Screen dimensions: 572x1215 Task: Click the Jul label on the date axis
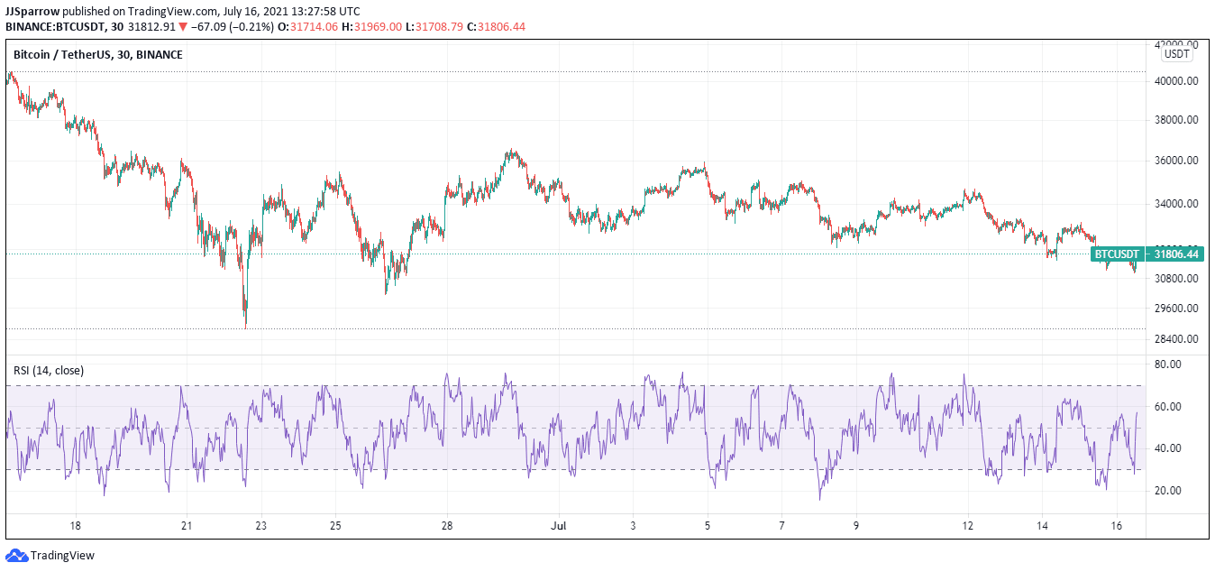(x=557, y=526)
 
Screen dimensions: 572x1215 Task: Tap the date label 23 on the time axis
(x=260, y=526)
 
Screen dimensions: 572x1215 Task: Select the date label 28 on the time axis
(x=447, y=526)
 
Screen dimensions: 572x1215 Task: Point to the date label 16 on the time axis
(x=1116, y=526)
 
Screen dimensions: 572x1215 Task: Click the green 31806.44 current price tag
(x=1176, y=254)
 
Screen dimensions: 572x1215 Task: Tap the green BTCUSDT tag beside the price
(x=1118, y=254)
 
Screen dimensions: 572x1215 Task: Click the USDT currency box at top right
(x=1177, y=54)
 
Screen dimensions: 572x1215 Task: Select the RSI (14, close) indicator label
(x=48, y=370)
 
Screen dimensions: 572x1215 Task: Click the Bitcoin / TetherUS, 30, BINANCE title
(x=97, y=55)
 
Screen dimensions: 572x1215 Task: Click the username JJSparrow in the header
(x=32, y=11)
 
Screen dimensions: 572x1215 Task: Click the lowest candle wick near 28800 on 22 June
(x=245, y=327)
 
